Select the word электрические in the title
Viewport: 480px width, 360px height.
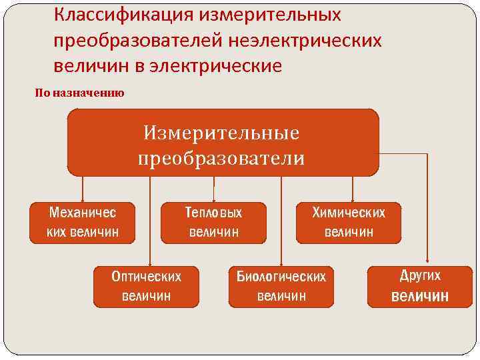point(226,66)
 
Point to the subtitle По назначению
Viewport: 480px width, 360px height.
point(79,93)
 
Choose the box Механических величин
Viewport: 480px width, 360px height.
point(82,223)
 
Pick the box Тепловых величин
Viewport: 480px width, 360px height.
point(213,223)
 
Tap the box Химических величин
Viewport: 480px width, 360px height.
point(349,223)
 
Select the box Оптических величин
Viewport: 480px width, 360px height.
point(146,286)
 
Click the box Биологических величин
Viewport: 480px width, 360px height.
point(281,286)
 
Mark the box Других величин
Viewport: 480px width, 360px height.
point(420,286)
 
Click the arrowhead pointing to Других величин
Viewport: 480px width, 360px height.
point(427,261)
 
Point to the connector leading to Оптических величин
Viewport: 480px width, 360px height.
point(150,220)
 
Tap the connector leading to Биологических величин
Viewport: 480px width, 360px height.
point(281,220)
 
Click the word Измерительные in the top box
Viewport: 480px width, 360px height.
point(221,132)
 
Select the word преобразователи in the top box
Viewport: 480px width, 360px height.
point(221,158)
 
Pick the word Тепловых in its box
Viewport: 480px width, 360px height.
point(213,213)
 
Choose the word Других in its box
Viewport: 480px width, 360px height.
point(420,275)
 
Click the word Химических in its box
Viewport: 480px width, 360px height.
point(349,213)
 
